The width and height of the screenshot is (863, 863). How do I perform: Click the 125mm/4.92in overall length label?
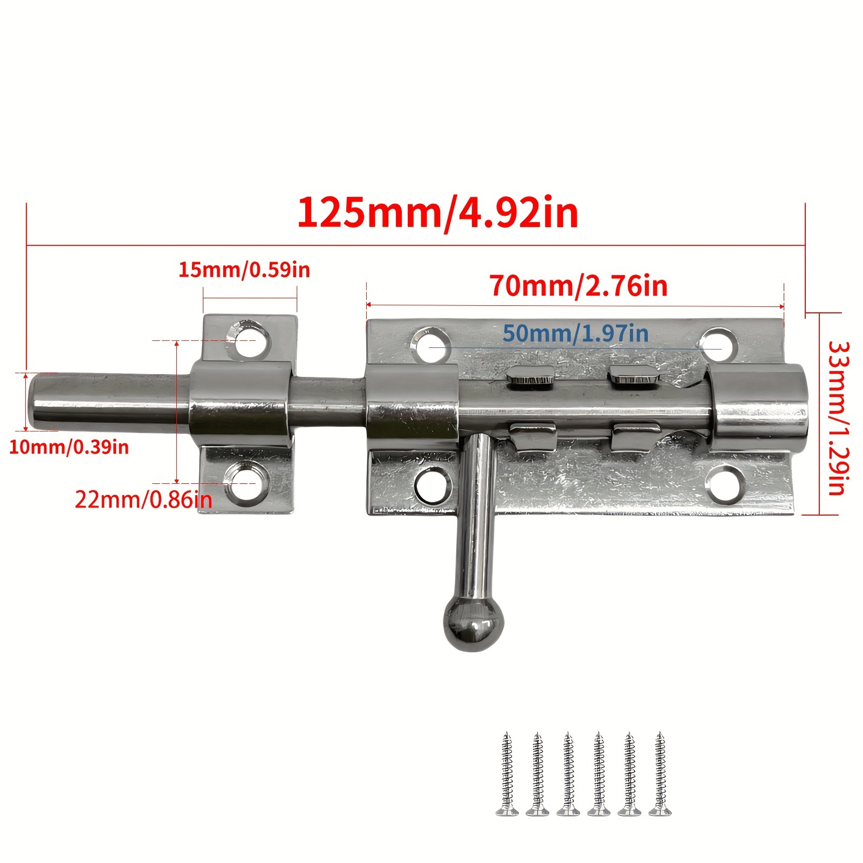(437, 214)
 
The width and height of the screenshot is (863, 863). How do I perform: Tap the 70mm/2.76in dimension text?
(579, 286)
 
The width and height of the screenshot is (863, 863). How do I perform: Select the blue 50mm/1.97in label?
(576, 333)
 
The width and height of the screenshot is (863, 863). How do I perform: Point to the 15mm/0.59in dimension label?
(244, 270)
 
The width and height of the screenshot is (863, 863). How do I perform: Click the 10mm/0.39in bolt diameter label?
(69, 447)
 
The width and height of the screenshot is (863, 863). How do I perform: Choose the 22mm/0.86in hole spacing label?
(143, 500)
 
